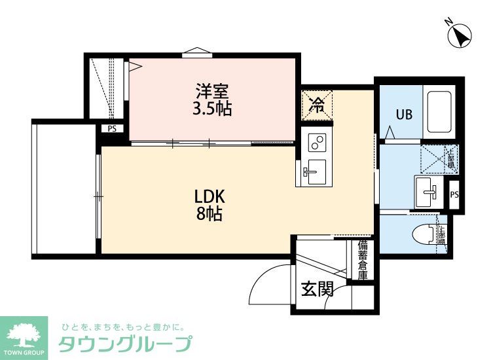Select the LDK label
(209, 196)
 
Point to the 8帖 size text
(209, 213)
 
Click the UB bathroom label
(403, 115)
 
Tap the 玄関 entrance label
(317, 288)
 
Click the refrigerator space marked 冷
(317, 105)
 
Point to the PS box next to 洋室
(112, 129)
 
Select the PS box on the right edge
(454, 194)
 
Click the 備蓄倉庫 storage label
(363, 260)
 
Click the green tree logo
(24, 334)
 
